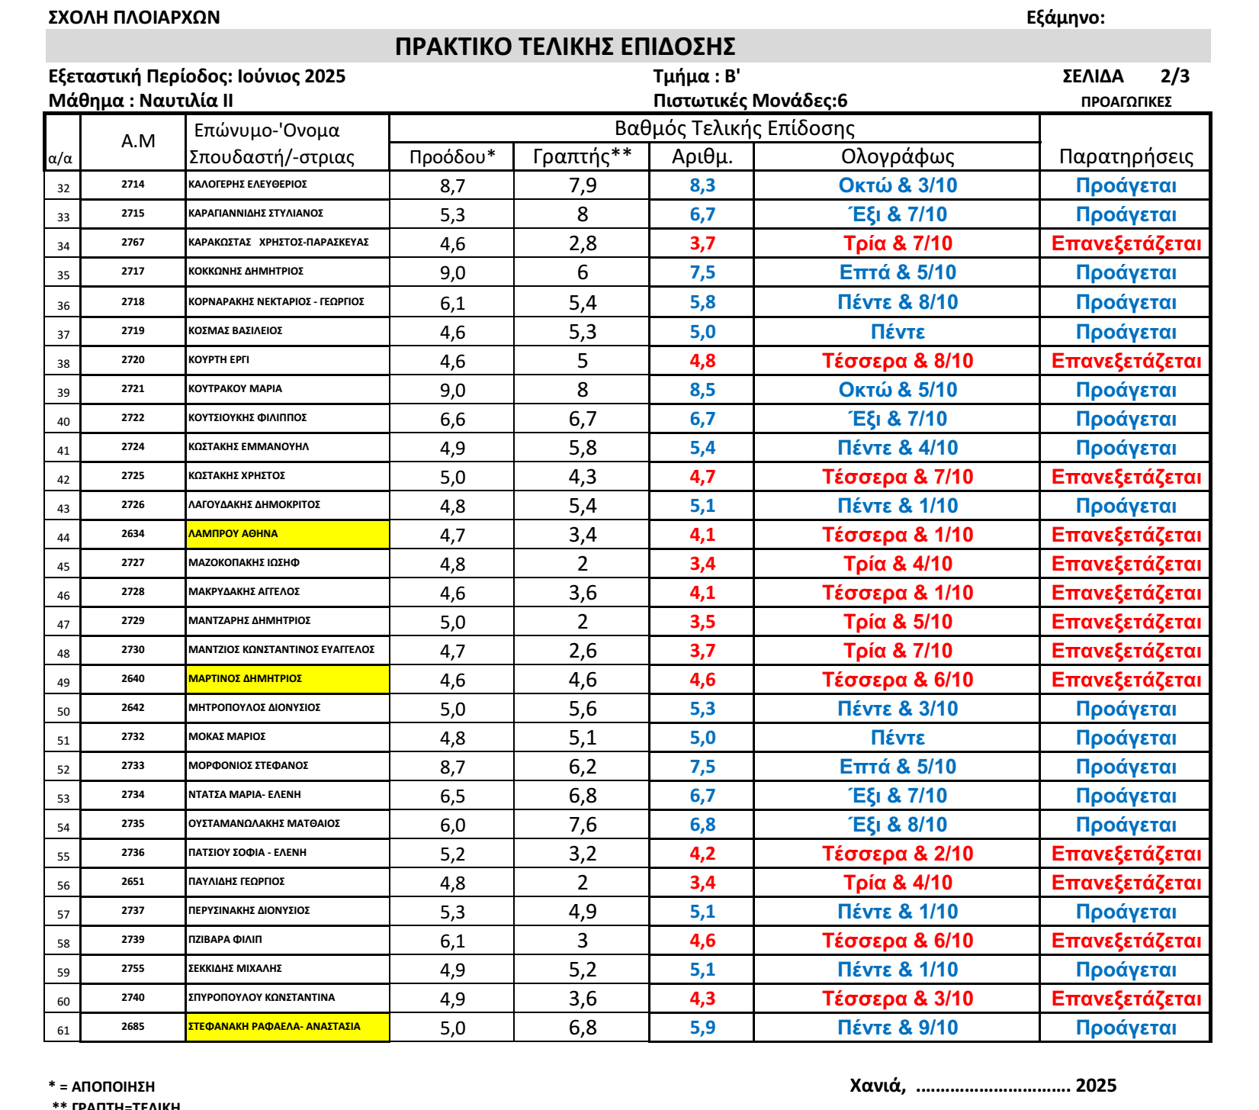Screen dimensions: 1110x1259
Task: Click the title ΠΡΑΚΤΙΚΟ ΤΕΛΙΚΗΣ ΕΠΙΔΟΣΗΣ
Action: point(565,47)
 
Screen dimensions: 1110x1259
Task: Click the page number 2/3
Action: point(1174,76)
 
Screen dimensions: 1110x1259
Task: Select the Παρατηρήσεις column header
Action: point(1126,156)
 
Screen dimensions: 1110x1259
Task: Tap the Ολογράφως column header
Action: point(897,156)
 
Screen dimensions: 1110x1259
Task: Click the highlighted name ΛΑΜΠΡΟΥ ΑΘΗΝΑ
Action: point(233,534)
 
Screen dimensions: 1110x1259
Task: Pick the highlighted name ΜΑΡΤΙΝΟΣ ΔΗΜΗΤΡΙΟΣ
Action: point(245,679)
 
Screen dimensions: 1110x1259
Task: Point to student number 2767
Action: point(133,243)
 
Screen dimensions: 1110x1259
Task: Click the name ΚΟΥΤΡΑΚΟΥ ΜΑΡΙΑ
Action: point(235,389)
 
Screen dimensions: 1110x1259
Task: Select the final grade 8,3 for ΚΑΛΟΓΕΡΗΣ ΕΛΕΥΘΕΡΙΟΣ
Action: point(702,185)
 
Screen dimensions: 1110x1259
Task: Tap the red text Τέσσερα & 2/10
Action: point(898,854)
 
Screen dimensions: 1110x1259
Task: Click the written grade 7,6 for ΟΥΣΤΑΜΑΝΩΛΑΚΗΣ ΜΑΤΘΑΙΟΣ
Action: point(583,825)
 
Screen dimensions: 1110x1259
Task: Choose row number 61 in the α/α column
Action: point(63,1031)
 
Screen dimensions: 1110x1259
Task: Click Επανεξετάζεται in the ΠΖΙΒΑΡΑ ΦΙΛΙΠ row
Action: point(1126,941)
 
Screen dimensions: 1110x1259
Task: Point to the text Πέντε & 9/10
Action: point(898,1028)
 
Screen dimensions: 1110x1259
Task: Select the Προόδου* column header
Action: point(452,156)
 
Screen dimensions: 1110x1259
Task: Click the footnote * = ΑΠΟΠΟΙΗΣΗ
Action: point(101,1086)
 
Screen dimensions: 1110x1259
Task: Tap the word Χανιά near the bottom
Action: point(877,1086)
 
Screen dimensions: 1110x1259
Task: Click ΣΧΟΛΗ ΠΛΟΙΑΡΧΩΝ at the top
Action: point(134,18)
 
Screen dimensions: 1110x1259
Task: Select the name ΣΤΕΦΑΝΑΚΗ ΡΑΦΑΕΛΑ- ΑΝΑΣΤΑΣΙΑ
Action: point(275,1027)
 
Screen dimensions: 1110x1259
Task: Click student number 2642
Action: point(133,708)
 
